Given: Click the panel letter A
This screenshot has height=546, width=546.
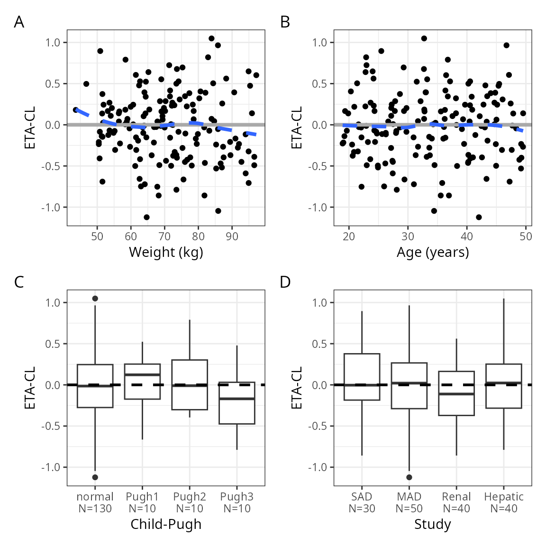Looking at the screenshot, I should [x=19, y=22].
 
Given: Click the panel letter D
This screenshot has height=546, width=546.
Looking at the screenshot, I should [x=285, y=282].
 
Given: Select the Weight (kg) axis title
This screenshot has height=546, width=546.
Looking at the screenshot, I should [x=166, y=252].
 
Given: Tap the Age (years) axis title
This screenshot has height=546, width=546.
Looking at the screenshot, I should [x=433, y=252].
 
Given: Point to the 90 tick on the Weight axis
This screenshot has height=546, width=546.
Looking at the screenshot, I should [x=232, y=237].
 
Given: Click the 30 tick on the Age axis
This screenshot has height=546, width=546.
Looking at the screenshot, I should [x=408, y=237].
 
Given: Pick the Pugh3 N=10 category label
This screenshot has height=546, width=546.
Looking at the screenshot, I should [x=237, y=502].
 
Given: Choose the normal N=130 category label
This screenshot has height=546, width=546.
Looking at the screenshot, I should [x=95, y=502].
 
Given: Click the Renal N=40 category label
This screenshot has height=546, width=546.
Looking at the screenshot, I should [x=456, y=502].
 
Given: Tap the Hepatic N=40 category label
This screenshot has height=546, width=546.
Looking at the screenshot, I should [x=504, y=502].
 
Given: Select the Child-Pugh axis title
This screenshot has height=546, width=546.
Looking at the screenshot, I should [x=166, y=524].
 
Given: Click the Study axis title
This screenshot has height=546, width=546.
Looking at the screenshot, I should [x=433, y=524].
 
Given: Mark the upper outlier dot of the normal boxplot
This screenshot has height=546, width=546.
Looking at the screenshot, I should [x=95, y=299].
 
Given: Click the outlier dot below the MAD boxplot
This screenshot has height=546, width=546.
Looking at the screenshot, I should [x=409, y=477].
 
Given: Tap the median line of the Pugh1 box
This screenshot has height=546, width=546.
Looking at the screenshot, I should [x=142, y=375].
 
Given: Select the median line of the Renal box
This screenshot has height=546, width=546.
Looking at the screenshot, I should [x=456, y=394].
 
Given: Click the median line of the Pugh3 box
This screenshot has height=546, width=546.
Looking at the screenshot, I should [x=237, y=399].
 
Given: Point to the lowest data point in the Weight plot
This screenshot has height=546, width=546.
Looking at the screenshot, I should [x=146, y=217].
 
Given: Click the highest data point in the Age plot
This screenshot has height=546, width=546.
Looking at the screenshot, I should [x=424, y=38].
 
